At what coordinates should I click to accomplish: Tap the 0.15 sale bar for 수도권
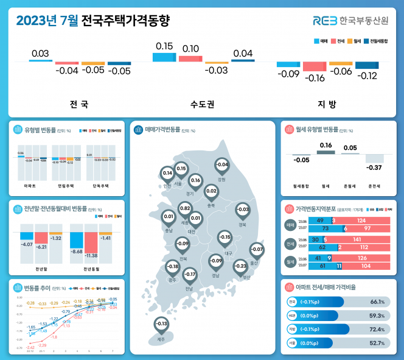pos(164,57)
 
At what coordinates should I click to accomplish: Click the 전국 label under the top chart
pos(79,104)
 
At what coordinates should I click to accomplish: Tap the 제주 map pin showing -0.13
pos(161,324)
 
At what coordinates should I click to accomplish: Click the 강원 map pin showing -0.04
pos(222,166)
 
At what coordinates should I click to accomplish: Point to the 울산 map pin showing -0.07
pos(257,250)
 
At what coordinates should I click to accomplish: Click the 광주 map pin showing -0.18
pos(173,267)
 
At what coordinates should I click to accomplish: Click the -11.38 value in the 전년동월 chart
pos(91,255)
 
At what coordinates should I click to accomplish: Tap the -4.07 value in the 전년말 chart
pos(27,244)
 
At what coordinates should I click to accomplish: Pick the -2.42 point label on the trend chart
pos(30,347)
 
